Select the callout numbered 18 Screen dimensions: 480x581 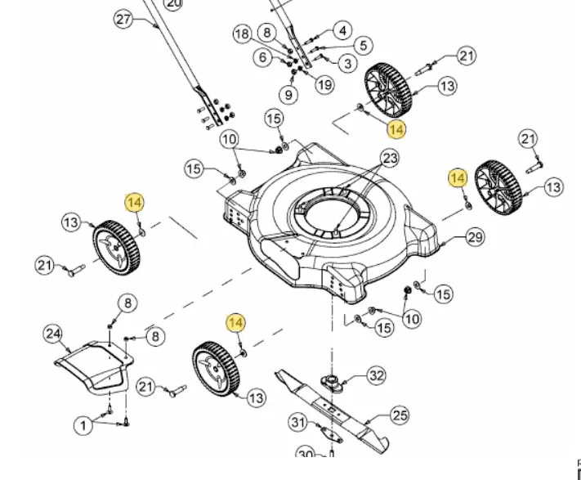[242, 34]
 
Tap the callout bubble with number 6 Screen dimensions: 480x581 [262, 57]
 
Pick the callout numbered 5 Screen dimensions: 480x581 [362, 46]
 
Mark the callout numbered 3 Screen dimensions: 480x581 [347, 63]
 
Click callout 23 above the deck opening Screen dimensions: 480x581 [390, 157]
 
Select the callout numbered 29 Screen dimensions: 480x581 [476, 238]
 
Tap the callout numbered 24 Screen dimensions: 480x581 [53, 334]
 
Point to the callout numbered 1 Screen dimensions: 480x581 [83, 425]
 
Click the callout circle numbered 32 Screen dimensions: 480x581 [376, 375]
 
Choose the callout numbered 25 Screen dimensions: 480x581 [399, 416]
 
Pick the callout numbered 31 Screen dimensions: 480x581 [298, 422]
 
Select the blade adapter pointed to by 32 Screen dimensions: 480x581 [332, 379]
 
